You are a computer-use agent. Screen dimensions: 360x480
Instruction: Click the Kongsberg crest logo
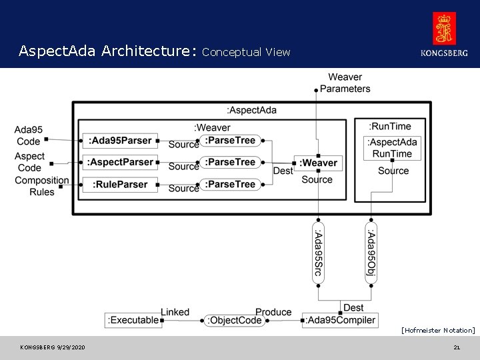pos(445,29)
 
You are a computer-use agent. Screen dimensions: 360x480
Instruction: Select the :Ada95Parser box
pos(120,140)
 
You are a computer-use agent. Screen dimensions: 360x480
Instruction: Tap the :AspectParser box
pos(120,162)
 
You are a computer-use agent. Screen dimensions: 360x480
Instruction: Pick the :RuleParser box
pos(120,184)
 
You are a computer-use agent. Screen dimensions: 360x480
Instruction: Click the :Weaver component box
pos(319,163)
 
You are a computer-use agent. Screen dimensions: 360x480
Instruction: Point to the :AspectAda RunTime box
pos(393,148)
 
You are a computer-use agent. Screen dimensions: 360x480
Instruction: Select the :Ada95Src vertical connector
pos(318,254)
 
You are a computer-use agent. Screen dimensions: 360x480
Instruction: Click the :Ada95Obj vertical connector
pos(371,254)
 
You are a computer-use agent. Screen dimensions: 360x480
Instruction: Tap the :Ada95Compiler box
pos(341,320)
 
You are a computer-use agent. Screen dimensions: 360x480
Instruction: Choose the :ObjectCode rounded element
pos(235,320)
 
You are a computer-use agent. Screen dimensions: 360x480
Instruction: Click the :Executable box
pos(133,320)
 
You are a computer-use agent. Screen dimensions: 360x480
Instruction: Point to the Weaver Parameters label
pos(345,83)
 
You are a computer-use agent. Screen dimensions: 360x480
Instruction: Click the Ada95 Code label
pos(28,135)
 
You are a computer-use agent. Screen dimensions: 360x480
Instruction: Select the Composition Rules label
pos(41,185)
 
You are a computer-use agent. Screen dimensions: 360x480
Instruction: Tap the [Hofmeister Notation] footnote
pos(438,330)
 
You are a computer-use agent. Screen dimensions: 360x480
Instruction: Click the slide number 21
pos(457,347)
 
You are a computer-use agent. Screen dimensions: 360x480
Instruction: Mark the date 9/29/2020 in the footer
pos(71,347)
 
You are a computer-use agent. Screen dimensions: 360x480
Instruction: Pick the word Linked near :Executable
pos(175,311)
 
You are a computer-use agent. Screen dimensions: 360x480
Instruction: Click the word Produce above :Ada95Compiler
pos(273,311)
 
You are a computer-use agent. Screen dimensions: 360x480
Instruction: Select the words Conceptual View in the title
pos(246,52)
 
